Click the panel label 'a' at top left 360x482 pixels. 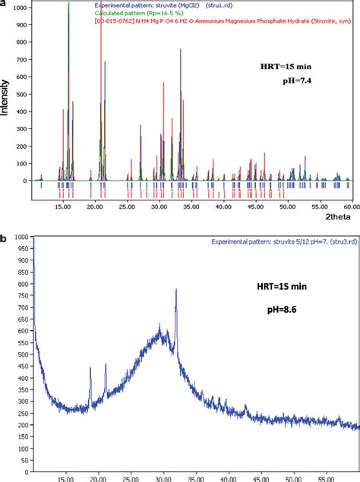coord(4,4)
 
